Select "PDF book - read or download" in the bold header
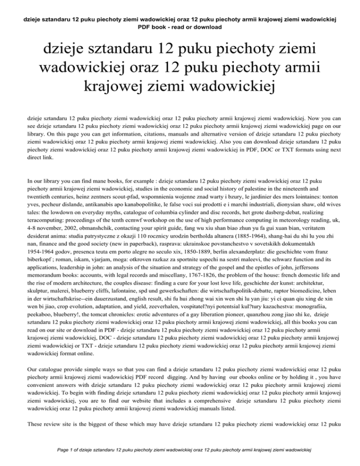(180, 27)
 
